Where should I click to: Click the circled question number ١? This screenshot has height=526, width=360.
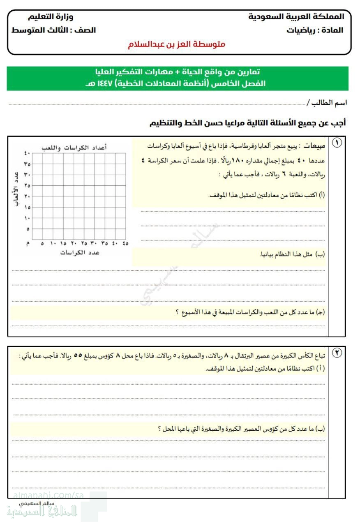(x=337, y=143)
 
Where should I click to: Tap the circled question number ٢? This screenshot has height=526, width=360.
(x=337, y=353)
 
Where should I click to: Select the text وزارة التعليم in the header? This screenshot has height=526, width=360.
(x=51, y=17)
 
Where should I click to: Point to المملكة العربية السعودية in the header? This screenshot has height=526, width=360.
(x=296, y=17)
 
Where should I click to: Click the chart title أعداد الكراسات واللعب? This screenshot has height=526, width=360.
(x=74, y=148)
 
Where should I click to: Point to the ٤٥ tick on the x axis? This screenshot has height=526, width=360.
(x=125, y=243)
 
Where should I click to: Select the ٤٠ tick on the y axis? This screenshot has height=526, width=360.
(x=27, y=153)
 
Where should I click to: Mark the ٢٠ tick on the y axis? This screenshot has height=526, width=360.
(x=27, y=196)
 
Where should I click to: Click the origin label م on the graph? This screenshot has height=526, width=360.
(x=28, y=244)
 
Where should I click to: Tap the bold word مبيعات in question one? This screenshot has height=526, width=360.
(x=315, y=146)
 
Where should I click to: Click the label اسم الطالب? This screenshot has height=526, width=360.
(x=327, y=102)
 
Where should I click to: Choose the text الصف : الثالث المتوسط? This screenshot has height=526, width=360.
(x=53, y=30)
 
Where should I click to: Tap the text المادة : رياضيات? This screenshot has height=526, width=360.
(x=315, y=30)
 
